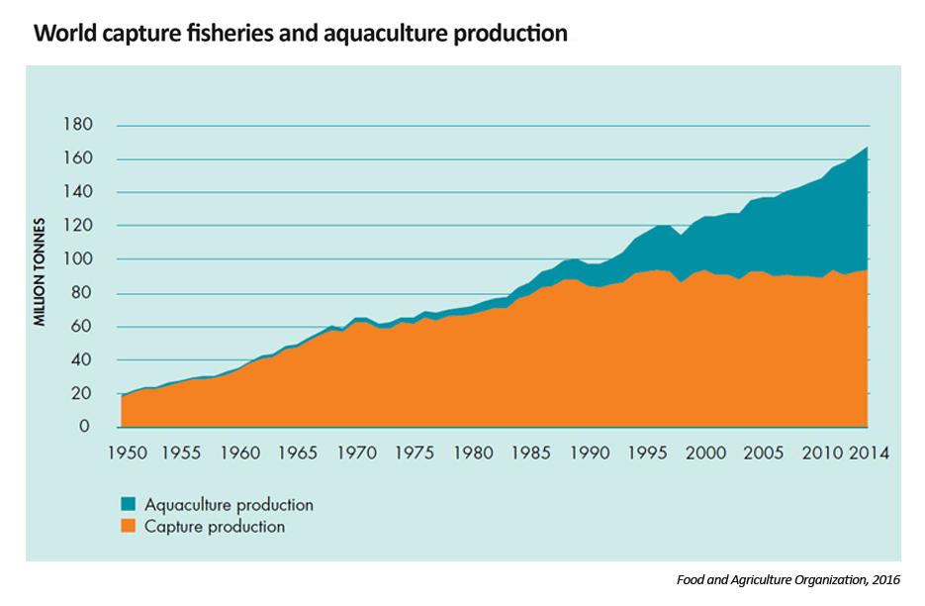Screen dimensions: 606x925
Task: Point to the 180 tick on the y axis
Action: [82, 126]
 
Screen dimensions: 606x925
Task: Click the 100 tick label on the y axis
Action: [82, 259]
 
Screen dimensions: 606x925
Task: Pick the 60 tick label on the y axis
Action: [85, 326]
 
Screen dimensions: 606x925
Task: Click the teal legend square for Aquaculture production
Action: [131, 505]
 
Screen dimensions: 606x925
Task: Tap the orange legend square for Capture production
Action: [131, 527]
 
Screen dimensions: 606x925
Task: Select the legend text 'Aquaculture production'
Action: [229, 505]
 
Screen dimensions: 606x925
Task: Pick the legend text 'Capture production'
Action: [215, 527]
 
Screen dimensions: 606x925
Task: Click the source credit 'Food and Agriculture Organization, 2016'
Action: [788, 579]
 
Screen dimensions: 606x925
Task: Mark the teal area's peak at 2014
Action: [868, 149]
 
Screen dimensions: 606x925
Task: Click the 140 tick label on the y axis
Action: [82, 192]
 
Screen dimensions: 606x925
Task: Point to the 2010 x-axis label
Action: [822, 454]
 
